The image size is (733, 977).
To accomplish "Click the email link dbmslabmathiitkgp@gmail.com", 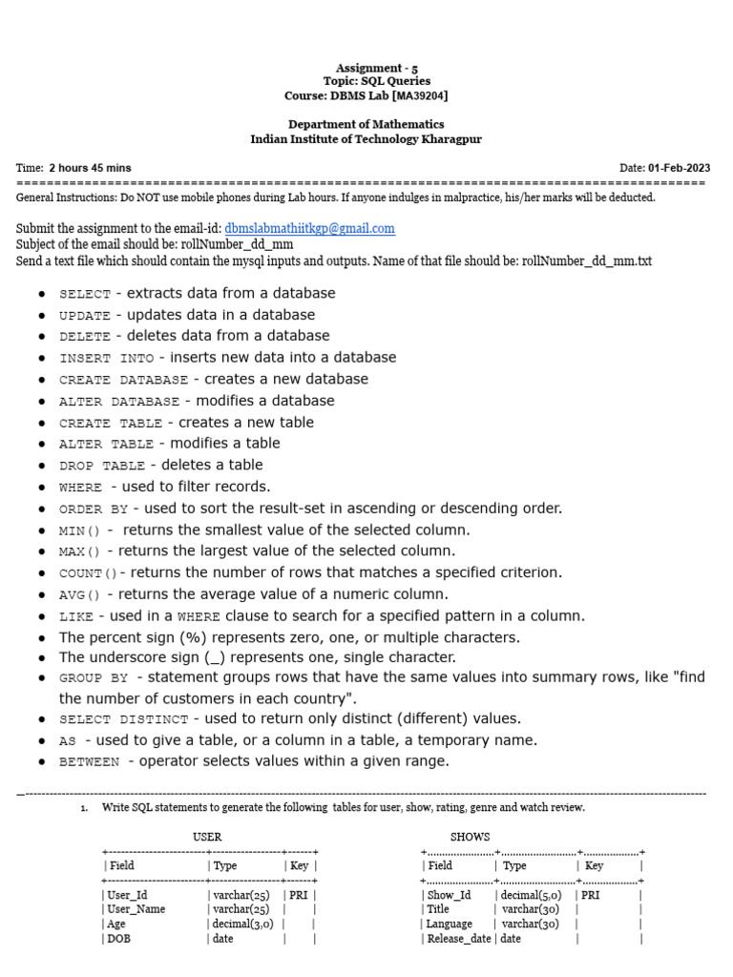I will [x=309, y=229].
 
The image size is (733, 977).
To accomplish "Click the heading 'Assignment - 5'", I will [x=369, y=68].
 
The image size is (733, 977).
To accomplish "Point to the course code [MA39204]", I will [x=412, y=95].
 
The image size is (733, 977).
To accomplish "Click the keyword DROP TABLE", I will [x=101, y=467].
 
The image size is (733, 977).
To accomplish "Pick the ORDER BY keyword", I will [x=94, y=509].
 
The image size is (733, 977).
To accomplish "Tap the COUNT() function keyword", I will [x=92, y=574].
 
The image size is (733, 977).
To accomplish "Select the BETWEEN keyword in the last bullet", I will [x=90, y=762].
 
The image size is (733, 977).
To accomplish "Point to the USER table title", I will [x=207, y=837].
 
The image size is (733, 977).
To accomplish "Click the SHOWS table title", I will [x=470, y=837].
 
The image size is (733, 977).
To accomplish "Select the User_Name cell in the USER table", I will [x=136, y=909].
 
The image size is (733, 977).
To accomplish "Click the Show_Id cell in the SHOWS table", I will [x=449, y=895].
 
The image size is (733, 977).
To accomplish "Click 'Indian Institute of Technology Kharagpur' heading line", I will [x=366, y=138].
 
